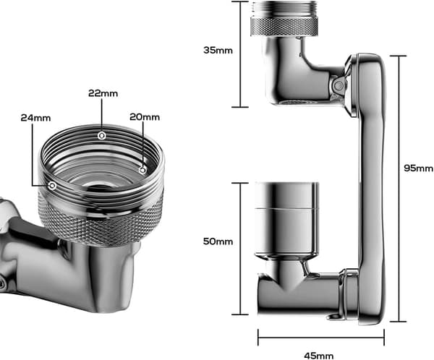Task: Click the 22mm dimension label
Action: tap(103, 93)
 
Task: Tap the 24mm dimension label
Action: tap(35, 118)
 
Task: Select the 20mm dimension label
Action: tap(145, 117)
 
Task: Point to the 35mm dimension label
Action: tap(218, 51)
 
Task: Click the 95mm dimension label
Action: tap(418, 168)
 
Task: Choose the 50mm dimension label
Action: tap(218, 241)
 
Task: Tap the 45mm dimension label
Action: tap(318, 356)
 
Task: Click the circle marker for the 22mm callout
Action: tap(102, 136)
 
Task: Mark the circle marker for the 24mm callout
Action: tap(52, 185)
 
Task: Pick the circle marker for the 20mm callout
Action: tap(142, 170)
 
